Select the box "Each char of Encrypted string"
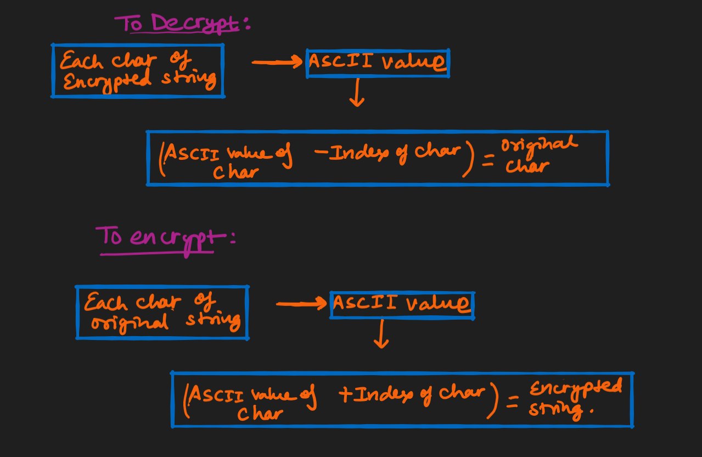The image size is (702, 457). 138,70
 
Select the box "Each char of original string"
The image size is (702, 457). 162,312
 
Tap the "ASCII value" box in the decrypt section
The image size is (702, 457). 377,63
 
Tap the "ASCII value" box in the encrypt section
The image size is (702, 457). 402,305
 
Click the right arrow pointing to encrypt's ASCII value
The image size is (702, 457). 301,304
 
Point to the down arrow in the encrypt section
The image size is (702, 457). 381,335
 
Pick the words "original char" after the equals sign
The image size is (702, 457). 538,155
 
